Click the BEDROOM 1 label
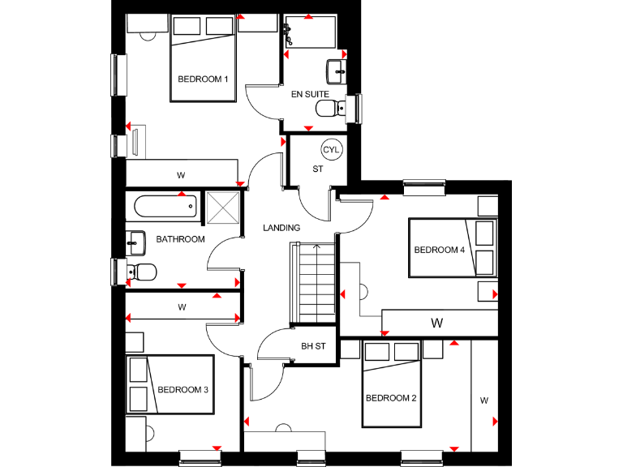pyautogui.click(x=203, y=79)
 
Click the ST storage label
pyautogui.click(x=318, y=169)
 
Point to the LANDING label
pyautogui.click(x=281, y=228)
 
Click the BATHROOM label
pyautogui.click(x=180, y=239)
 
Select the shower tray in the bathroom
pyautogui.click(x=222, y=208)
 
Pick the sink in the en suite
pyautogui.click(x=336, y=71)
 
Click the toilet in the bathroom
pyautogui.click(x=144, y=271)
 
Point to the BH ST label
pyautogui.click(x=313, y=346)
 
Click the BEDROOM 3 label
pyautogui.click(x=183, y=389)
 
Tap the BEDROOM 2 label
pyautogui.click(x=390, y=398)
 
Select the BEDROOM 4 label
pyautogui.click(x=439, y=250)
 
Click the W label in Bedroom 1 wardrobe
pyautogui.click(x=180, y=175)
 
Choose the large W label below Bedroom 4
pyautogui.click(x=437, y=323)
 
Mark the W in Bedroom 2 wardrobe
pyautogui.click(x=483, y=400)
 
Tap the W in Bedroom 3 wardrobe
pyautogui.click(x=182, y=307)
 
